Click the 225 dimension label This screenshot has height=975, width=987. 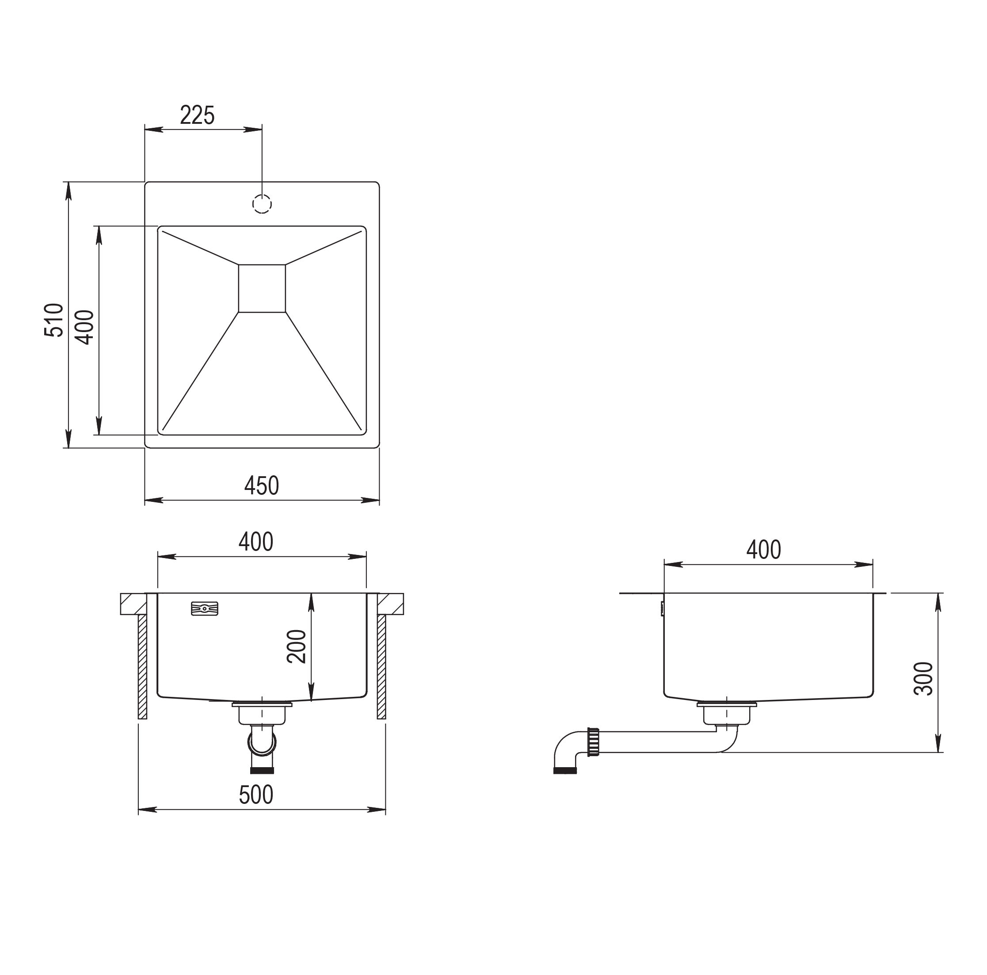click(197, 115)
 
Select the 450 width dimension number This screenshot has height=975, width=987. click(262, 486)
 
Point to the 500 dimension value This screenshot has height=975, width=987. click(256, 795)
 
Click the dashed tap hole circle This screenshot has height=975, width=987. click(262, 204)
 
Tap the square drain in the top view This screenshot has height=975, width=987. click(262, 288)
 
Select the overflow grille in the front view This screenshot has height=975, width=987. click(204, 608)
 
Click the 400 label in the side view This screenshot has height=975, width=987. click(764, 550)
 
